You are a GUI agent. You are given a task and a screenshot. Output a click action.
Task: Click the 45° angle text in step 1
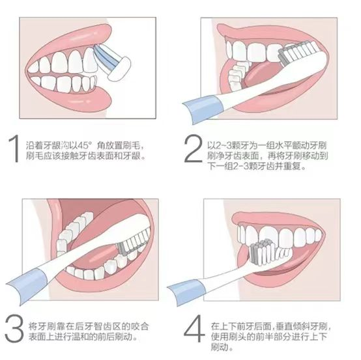click(x=93, y=144)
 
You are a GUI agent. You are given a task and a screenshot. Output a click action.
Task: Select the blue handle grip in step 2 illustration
click(x=205, y=105)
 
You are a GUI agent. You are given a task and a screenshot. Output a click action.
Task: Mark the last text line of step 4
click(x=222, y=346)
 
